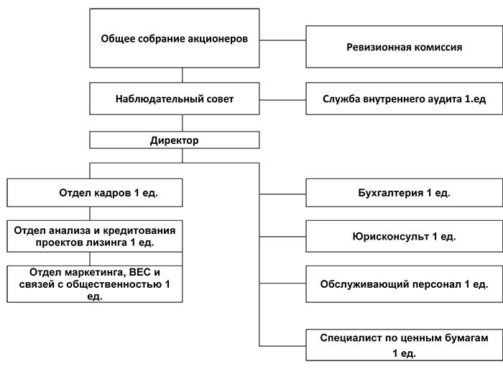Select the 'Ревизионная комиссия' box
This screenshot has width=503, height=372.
click(x=405, y=47)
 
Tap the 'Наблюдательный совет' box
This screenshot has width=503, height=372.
click(x=174, y=98)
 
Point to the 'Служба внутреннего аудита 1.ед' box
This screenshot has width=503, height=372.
click(x=405, y=99)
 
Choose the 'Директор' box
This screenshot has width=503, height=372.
click(x=174, y=140)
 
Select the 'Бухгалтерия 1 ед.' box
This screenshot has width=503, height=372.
click(x=405, y=194)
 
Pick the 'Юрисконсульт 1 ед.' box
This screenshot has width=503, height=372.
click(x=405, y=236)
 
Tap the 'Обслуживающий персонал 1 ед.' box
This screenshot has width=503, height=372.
click(x=405, y=283)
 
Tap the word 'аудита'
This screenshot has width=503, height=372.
click(x=435, y=99)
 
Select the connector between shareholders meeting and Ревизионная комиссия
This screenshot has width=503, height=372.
click(x=282, y=39)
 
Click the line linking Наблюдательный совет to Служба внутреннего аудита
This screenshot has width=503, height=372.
click(x=282, y=99)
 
